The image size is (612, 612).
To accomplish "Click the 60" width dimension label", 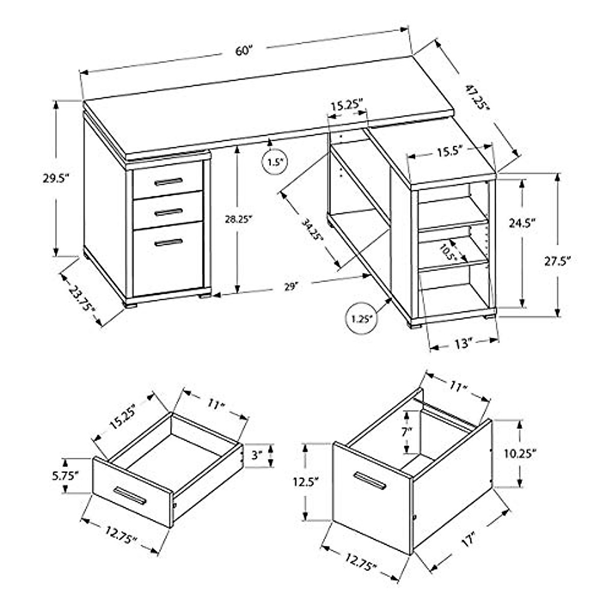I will [244, 51].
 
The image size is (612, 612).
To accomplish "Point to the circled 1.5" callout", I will [274, 163].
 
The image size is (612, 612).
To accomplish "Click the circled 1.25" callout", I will [361, 319].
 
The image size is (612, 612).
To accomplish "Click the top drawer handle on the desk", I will [168, 182].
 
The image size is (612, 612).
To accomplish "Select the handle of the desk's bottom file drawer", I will [168, 242].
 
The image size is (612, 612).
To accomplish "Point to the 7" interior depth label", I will [406, 432].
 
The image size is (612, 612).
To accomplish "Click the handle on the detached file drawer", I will [370, 480].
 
